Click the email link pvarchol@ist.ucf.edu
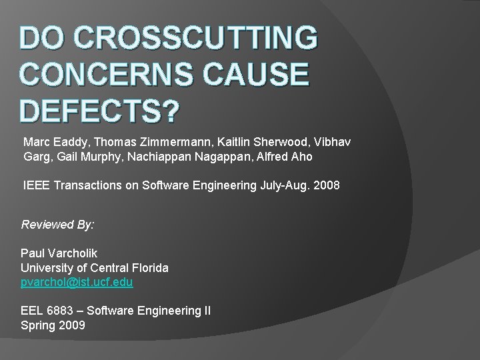(77, 282)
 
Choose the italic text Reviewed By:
(57, 225)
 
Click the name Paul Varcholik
(59, 253)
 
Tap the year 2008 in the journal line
(327, 185)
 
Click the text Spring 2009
(53, 325)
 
